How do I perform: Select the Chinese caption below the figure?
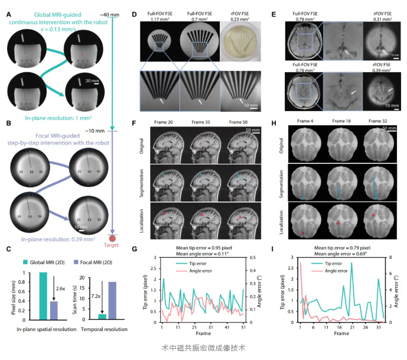(x=203, y=348)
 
